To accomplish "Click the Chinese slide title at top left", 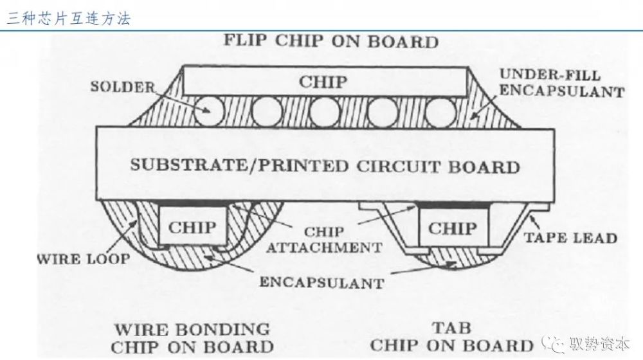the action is pyautogui.click(x=69, y=19).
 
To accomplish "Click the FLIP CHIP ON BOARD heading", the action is pyautogui.click(x=331, y=41).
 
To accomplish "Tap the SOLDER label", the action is pyautogui.click(x=123, y=87).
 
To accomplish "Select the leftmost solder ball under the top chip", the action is pyautogui.click(x=209, y=111).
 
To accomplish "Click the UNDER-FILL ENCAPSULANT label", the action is pyautogui.click(x=561, y=83).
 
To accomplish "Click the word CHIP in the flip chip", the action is pyautogui.click(x=323, y=82).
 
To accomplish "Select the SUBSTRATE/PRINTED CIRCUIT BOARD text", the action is pyautogui.click(x=325, y=166).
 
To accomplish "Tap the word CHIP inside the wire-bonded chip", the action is pyautogui.click(x=192, y=227).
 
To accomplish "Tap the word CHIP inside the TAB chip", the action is pyautogui.click(x=453, y=228).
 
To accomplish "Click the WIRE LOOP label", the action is pyautogui.click(x=84, y=259).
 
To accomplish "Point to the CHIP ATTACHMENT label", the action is pyautogui.click(x=324, y=240).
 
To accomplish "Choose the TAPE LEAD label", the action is pyautogui.click(x=570, y=238).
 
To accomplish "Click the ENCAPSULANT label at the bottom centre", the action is pyautogui.click(x=322, y=282).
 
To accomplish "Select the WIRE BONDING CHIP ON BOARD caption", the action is pyautogui.click(x=192, y=338).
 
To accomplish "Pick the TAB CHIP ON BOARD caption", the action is pyautogui.click(x=452, y=337).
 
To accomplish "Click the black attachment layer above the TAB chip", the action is pyautogui.click(x=453, y=204).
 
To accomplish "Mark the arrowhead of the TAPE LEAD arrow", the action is pyautogui.click(x=532, y=217).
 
